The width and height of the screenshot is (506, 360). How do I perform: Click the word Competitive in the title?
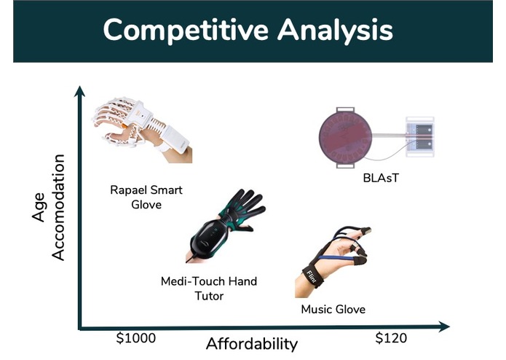click(186, 31)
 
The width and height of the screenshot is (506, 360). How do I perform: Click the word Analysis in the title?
click(336, 31)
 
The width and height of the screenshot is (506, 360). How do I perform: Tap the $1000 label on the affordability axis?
click(136, 338)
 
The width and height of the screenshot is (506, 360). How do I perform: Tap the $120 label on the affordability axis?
click(391, 338)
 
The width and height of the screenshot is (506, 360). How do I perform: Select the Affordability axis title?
click(252, 344)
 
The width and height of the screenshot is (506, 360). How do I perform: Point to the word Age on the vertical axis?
click(39, 207)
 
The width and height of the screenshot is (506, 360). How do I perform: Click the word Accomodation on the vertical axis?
click(58, 207)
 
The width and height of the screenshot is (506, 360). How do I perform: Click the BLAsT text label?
click(381, 178)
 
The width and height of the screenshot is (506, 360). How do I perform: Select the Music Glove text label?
click(333, 309)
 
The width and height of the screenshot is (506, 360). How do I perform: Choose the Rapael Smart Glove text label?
click(146, 197)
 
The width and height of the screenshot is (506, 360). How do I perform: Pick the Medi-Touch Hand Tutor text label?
click(209, 289)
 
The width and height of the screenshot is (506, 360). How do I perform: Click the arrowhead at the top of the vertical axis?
click(79, 91)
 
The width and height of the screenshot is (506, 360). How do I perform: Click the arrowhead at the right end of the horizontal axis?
click(444, 326)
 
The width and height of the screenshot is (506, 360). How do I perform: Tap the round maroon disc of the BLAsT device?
click(345, 137)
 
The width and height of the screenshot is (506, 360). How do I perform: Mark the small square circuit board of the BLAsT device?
click(419, 137)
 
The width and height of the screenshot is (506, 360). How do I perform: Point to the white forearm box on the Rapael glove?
click(176, 139)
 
